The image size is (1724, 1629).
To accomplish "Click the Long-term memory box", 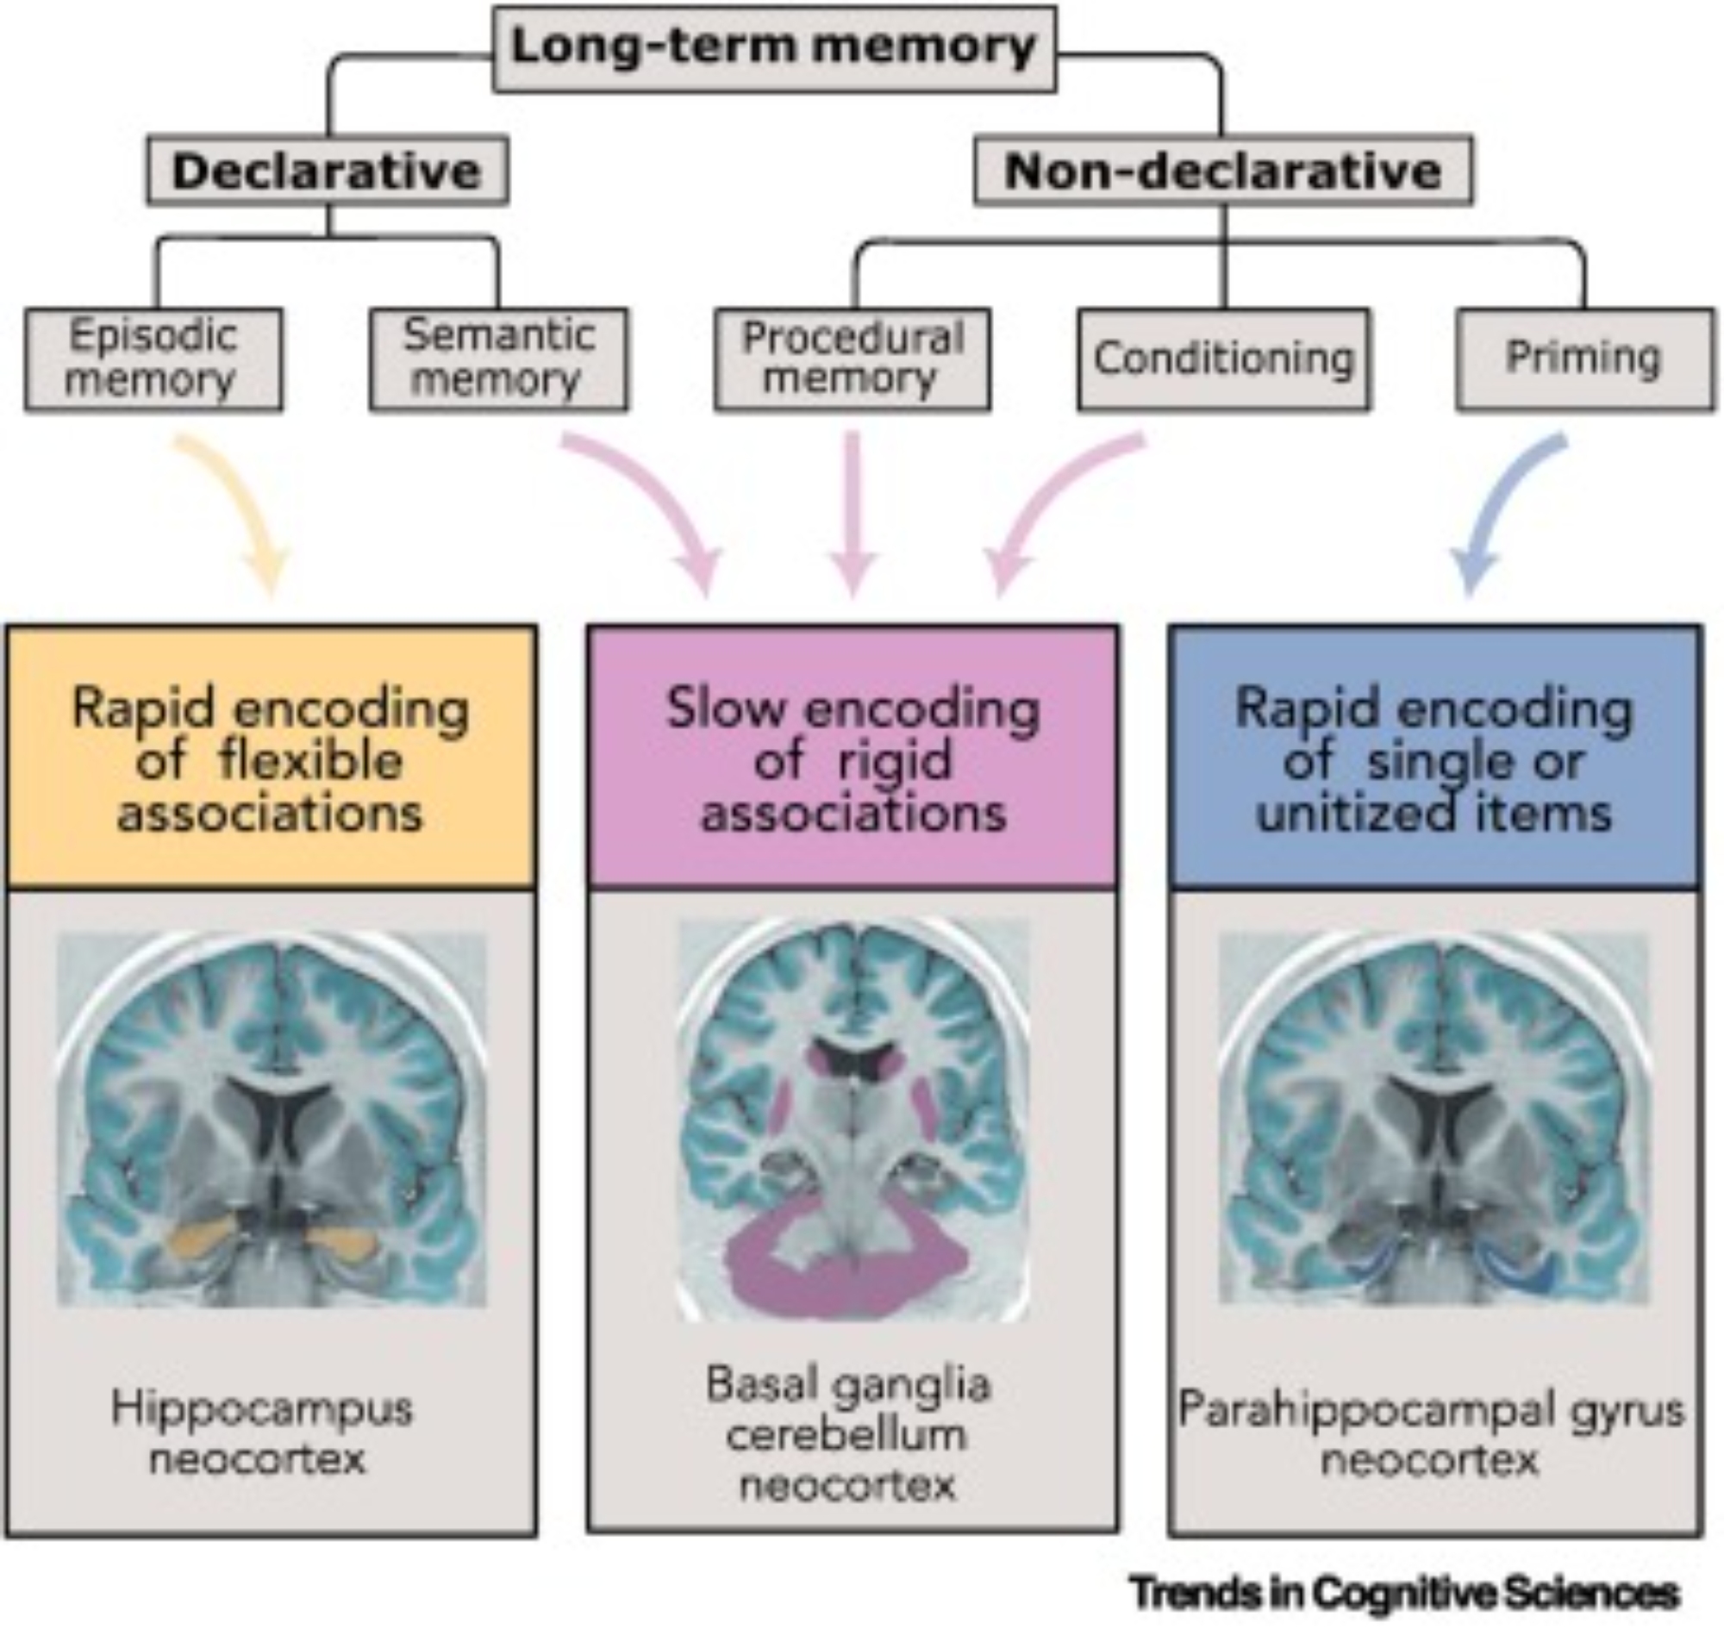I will tap(774, 47).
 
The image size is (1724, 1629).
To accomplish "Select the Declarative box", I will tap(327, 170).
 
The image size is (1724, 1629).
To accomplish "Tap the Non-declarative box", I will tap(1222, 170).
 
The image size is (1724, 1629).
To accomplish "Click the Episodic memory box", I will tap(153, 359).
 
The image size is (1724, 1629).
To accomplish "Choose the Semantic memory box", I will tap(498, 359).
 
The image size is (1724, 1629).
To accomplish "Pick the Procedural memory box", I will tap(852, 359).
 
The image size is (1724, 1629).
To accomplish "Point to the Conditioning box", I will tap(1224, 359).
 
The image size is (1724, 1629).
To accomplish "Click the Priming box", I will tap(1584, 359).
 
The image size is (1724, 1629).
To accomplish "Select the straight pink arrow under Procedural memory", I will tap(853, 512).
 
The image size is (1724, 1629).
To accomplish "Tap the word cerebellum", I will tap(846, 1434).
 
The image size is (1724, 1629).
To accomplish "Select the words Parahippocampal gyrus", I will tap(1430, 1411).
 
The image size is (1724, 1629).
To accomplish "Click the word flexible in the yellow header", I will tap(310, 762).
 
